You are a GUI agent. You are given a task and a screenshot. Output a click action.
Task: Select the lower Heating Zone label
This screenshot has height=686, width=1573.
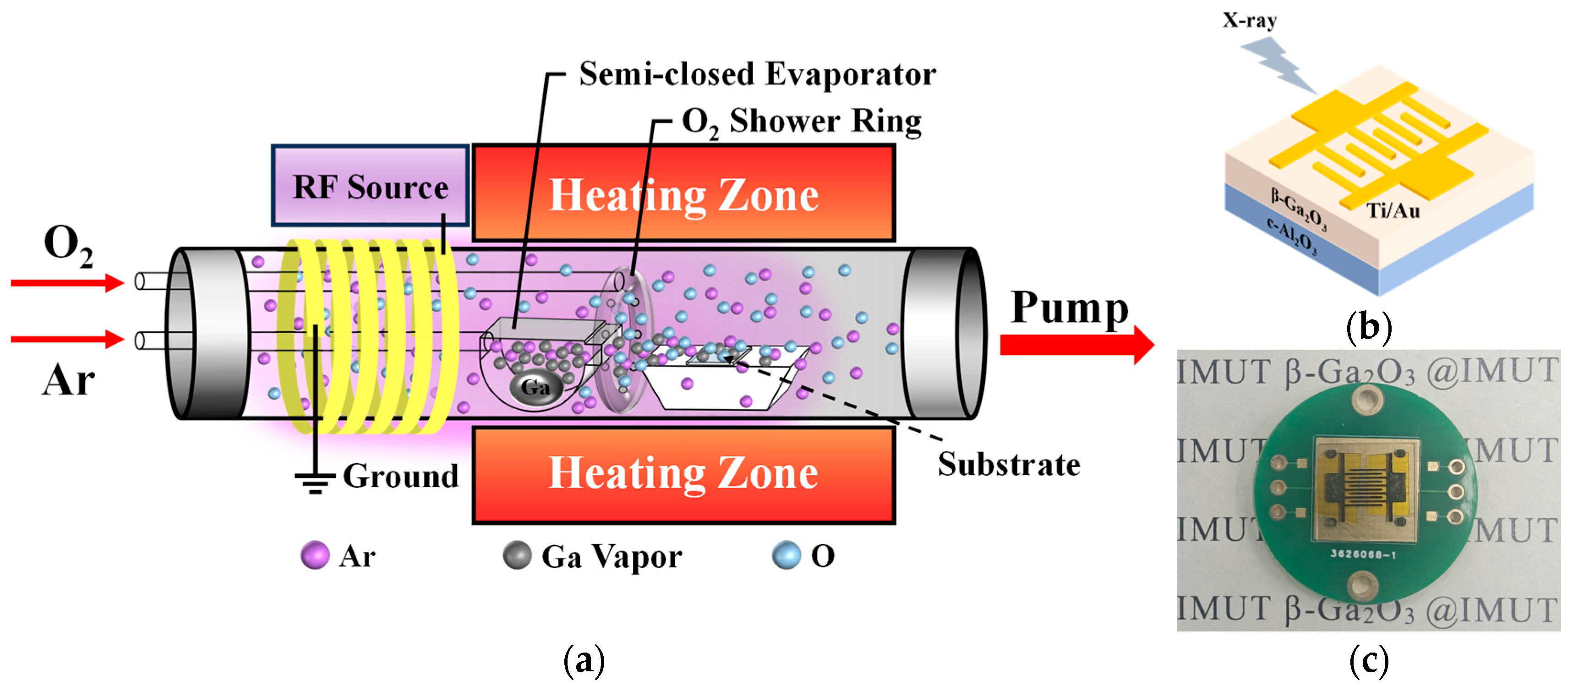683,473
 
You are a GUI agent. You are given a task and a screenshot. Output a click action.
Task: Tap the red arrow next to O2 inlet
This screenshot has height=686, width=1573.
67,282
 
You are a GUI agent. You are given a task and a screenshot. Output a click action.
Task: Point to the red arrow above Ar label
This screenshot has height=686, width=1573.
67,339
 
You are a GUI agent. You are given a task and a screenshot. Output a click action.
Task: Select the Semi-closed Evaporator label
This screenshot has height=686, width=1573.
757,75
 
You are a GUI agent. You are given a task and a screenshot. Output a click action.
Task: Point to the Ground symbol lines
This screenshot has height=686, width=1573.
315,483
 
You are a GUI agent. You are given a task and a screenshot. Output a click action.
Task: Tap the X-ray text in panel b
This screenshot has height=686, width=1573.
1249,20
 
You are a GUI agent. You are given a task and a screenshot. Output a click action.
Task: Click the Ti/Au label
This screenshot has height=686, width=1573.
1393,211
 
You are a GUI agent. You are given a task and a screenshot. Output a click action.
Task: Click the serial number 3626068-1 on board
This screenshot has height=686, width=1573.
1362,554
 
